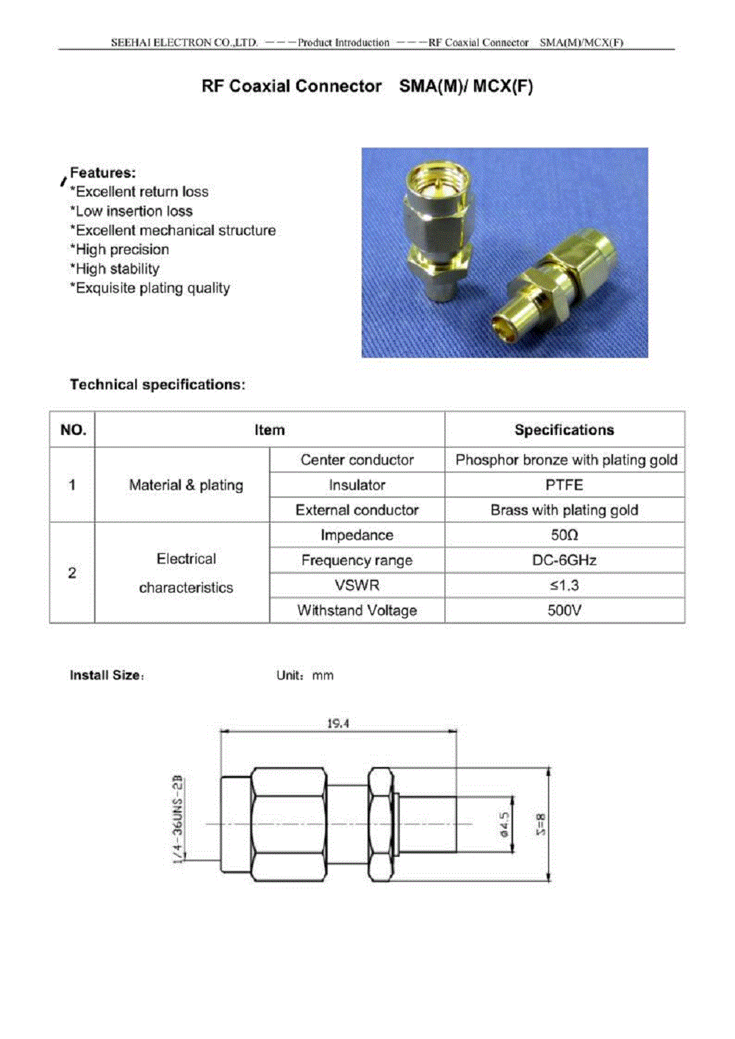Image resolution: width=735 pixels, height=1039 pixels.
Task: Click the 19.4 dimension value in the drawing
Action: [x=338, y=724]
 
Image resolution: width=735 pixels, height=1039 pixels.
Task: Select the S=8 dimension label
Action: [x=542, y=824]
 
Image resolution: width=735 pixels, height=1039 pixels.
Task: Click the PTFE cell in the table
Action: [x=564, y=485]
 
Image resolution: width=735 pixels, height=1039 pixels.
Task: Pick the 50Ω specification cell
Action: [x=564, y=535]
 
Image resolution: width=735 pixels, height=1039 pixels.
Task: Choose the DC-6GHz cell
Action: [x=564, y=560]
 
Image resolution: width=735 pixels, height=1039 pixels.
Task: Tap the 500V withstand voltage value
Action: [x=564, y=610]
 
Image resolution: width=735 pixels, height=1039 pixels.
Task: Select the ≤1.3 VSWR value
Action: [x=564, y=585]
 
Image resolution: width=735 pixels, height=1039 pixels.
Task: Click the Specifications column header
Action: [x=564, y=430]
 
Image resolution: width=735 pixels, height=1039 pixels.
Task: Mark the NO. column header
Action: [x=73, y=430]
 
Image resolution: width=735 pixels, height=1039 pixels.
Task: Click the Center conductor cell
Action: [x=357, y=460]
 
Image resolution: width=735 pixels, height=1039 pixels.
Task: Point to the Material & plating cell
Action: [x=186, y=485]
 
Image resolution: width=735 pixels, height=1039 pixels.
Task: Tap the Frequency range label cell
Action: [x=357, y=560]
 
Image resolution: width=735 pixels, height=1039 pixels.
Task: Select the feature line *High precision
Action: [x=120, y=250]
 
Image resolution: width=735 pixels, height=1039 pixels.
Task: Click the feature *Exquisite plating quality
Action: [x=150, y=288]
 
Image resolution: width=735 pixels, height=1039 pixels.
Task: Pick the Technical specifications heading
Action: [x=157, y=384]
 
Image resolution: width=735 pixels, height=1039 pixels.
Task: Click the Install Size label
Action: [x=106, y=675]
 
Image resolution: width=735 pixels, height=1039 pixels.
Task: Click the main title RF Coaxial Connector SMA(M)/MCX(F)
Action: [x=367, y=86]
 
